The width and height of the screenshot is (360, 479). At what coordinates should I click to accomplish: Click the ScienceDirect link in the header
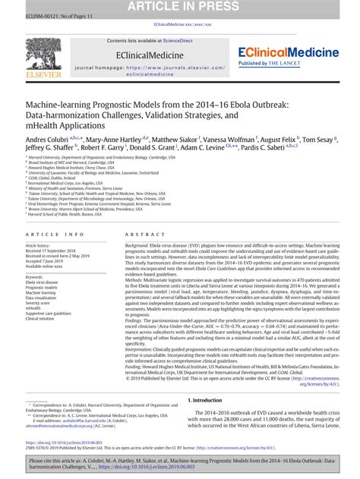(x=186, y=40)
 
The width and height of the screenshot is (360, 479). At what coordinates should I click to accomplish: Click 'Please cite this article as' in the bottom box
(x=62, y=461)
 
